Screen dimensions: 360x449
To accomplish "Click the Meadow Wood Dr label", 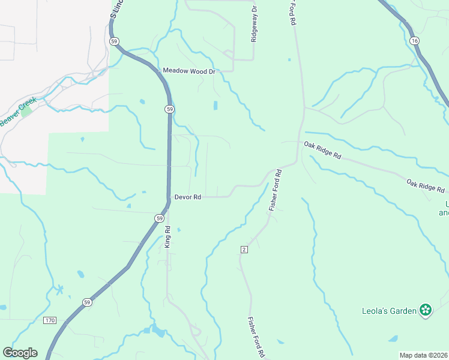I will tap(188, 71).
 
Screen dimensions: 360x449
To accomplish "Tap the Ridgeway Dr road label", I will tap(254, 23).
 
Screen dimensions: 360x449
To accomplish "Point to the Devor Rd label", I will tap(187, 197).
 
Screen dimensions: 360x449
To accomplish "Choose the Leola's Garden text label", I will tap(390, 311).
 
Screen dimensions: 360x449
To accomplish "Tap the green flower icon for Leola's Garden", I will tap(426, 310).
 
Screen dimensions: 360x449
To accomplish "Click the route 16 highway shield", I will tap(414, 40).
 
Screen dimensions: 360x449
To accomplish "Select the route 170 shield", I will tap(50, 321).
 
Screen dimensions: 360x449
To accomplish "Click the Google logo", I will tap(20, 353).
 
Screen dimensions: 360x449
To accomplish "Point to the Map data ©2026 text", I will tap(424, 355).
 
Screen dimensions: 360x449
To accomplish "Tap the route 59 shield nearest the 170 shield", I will tap(88, 302).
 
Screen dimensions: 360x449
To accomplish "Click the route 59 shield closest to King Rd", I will tap(158, 218).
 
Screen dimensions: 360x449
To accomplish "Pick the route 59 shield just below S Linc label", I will tap(114, 41).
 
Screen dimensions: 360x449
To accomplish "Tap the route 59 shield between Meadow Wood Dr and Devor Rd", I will tap(170, 109).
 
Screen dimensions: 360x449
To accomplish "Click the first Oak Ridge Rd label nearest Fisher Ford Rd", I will tap(322, 150).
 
